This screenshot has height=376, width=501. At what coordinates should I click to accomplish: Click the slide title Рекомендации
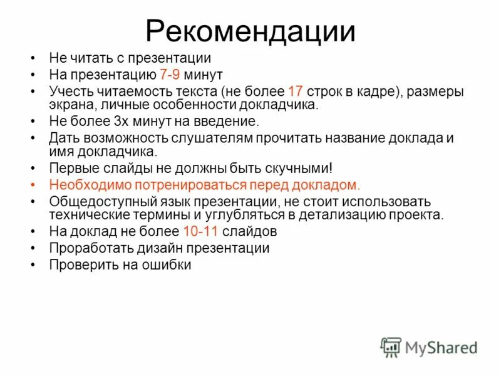[250, 31]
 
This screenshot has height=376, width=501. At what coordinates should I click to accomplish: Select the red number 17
[296, 91]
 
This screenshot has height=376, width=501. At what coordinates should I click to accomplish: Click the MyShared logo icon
[390, 347]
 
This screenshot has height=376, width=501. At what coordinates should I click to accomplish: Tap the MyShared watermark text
[442, 347]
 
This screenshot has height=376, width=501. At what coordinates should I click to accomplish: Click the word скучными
[295, 168]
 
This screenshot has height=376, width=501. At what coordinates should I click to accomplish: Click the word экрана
[71, 105]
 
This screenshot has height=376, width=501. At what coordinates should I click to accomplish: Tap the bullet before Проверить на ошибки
[33, 264]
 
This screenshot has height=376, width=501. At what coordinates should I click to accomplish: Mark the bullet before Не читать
[33, 58]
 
